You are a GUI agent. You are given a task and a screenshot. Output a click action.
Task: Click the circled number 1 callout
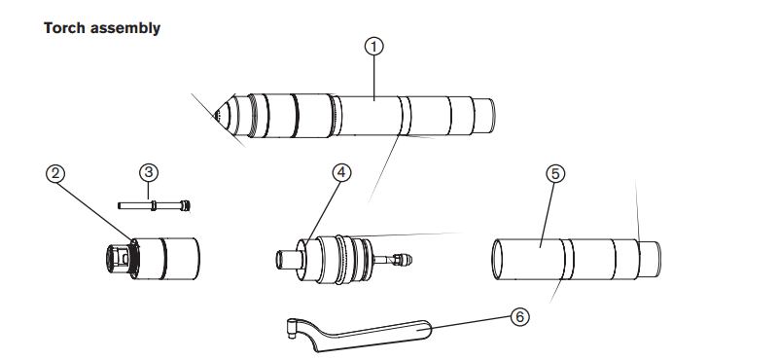(374, 47)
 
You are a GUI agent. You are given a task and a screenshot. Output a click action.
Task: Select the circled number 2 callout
(55, 173)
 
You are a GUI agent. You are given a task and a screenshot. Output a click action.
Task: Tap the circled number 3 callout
(149, 172)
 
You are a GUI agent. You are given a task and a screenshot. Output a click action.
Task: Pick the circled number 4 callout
(340, 172)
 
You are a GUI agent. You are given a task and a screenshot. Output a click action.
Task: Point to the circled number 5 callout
(555, 173)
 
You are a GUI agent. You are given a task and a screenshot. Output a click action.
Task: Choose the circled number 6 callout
(519, 317)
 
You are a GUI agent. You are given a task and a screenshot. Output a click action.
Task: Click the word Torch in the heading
(62, 28)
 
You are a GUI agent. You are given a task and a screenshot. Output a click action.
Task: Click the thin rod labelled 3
(155, 205)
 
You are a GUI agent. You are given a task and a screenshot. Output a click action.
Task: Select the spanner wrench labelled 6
(359, 335)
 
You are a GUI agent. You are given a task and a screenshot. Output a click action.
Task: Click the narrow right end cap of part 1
(484, 116)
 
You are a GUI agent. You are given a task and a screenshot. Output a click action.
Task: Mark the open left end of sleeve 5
(497, 260)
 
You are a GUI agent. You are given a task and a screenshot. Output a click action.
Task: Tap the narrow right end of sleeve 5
(650, 260)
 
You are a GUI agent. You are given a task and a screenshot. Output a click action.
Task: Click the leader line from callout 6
(471, 322)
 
